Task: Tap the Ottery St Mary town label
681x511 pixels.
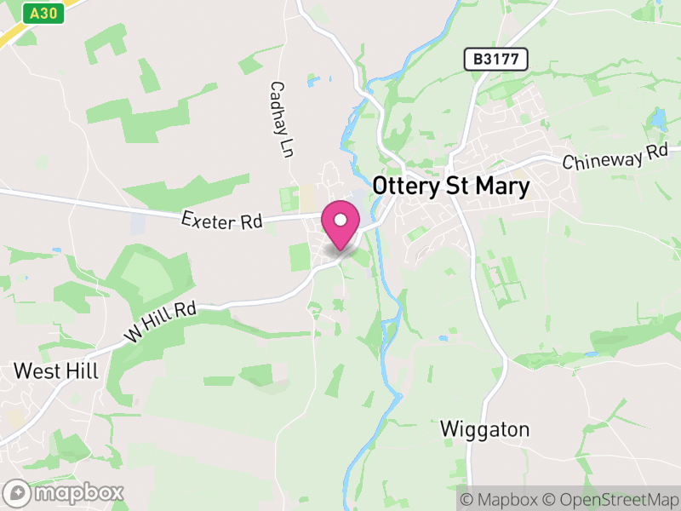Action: tap(451, 187)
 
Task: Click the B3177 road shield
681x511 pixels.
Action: tap(496, 59)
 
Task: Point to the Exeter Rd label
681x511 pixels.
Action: tap(221, 221)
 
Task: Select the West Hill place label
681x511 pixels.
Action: tap(56, 371)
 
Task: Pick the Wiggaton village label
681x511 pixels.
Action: tap(485, 429)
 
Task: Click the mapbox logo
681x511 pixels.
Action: tap(65, 492)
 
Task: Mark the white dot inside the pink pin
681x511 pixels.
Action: tap(340, 221)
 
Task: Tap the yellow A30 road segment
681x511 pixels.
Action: tap(13, 35)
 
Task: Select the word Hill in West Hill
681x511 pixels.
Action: tap(83, 371)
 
